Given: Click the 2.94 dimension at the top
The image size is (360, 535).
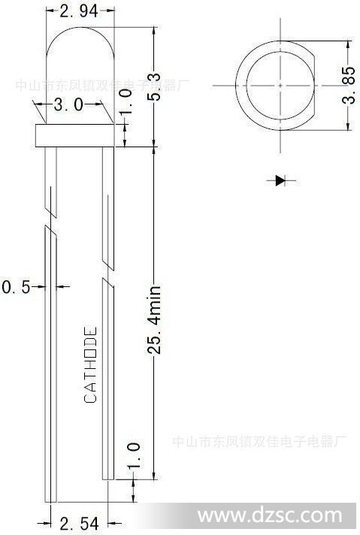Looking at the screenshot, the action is click(x=79, y=11).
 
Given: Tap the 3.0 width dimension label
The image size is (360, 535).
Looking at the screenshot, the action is click(x=68, y=104).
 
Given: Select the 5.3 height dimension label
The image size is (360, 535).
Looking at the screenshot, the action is click(x=154, y=86).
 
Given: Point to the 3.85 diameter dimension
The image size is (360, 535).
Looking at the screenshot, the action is click(x=349, y=86).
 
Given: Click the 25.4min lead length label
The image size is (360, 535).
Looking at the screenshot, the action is click(x=154, y=319).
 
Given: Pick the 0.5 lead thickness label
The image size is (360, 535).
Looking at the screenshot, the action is click(x=16, y=286).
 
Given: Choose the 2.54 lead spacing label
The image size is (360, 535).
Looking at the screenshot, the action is click(x=79, y=524).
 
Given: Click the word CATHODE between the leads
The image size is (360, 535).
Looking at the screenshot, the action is click(x=90, y=364).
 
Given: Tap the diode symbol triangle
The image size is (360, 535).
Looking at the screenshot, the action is click(x=280, y=180).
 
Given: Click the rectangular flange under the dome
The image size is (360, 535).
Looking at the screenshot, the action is click(x=74, y=135).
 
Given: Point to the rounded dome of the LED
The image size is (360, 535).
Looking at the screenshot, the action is click(x=80, y=28).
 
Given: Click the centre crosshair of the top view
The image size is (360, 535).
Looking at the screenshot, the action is click(x=280, y=86).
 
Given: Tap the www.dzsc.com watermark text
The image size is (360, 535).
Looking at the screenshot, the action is click(x=270, y=515).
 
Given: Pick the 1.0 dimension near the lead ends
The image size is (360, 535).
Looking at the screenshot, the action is click(x=134, y=456).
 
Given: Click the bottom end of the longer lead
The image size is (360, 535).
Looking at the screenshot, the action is click(x=51, y=502).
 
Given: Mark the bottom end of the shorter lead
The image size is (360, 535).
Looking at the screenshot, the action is click(x=108, y=479).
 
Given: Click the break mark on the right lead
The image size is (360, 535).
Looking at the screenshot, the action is click(x=108, y=271).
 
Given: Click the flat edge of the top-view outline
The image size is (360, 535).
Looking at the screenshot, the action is click(x=314, y=86).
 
